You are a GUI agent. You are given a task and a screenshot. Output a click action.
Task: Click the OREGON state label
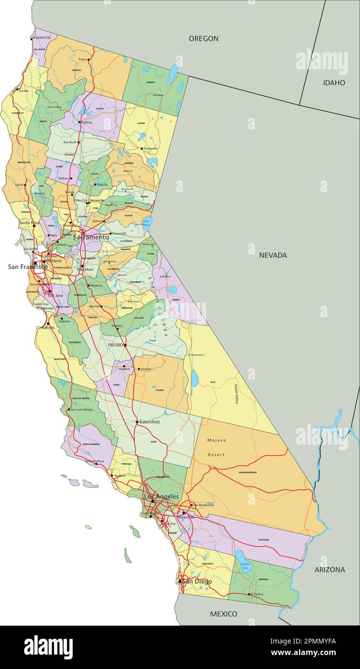[x=203, y=39]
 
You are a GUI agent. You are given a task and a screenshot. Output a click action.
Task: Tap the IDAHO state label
[x=334, y=83]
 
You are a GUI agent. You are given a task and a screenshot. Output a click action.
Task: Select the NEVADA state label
[x=273, y=255]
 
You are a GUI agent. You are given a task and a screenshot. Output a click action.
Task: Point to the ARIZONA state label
[x=330, y=569]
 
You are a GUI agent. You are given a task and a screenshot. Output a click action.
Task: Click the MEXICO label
[x=223, y=614]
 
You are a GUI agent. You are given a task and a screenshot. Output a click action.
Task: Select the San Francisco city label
[x=27, y=267]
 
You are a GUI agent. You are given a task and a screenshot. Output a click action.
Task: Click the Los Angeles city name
[x=161, y=496]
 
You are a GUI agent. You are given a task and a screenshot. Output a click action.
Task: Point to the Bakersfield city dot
[x=137, y=422]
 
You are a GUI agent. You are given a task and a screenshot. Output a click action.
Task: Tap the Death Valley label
[x=236, y=394]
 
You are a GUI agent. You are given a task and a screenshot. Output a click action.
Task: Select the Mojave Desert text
[x=216, y=447]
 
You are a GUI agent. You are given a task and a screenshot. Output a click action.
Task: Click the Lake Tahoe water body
[x=147, y=222]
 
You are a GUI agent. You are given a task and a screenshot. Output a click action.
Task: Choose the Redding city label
[x=86, y=122]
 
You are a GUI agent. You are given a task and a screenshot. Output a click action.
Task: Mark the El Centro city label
[x=256, y=594]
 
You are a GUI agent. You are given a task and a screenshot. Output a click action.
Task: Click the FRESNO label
[x=116, y=345]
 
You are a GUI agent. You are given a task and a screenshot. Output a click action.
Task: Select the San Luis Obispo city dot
[x=67, y=410]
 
